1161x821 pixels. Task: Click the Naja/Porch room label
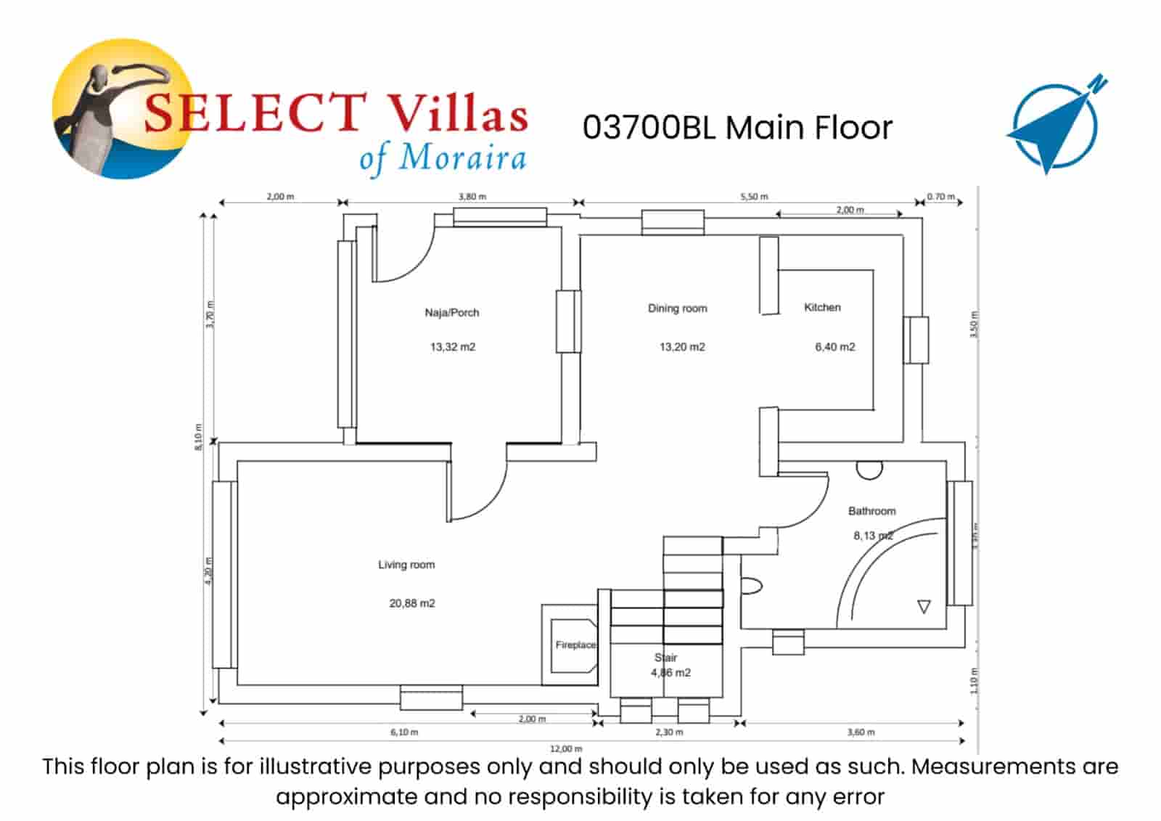pyautogui.click(x=452, y=313)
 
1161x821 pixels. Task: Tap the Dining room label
pyautogui.click(x=677, y=309)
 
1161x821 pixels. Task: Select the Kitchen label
pyautogui.click(x=822, y=308)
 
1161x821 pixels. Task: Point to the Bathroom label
pyautogui.click(x=871, y=511)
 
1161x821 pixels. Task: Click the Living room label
pyautogui.click(x=406, y=565)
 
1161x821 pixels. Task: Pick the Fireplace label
pyautogui.click(x=575, y=645)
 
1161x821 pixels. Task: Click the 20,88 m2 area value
pyautogui.click(x=412, y=603)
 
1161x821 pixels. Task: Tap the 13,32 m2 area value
pyautogui.click(x=453, y=347)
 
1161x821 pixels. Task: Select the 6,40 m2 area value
pyautogui.click(x=834, y=347)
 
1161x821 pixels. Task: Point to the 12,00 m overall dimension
pyautogui.click(x=566, y=748)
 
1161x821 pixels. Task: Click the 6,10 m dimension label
pyautogui.click(x=404, y=732)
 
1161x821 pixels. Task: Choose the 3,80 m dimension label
pyautogui.click(x=472, y=197)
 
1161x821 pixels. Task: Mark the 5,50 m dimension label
pyautogui.click(x=754, y=197)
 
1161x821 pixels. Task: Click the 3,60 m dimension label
pyautogui.click(x=861, y=732)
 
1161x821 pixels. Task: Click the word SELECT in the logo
pyautogui.click(x=254, y=114)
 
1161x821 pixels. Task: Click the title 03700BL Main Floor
pyautogui.click(x=737, y=128)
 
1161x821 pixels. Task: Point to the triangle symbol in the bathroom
pyautogui.click(x=924, y=607)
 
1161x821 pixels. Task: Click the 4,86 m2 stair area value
pyautogui.click(x=670, y=673)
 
